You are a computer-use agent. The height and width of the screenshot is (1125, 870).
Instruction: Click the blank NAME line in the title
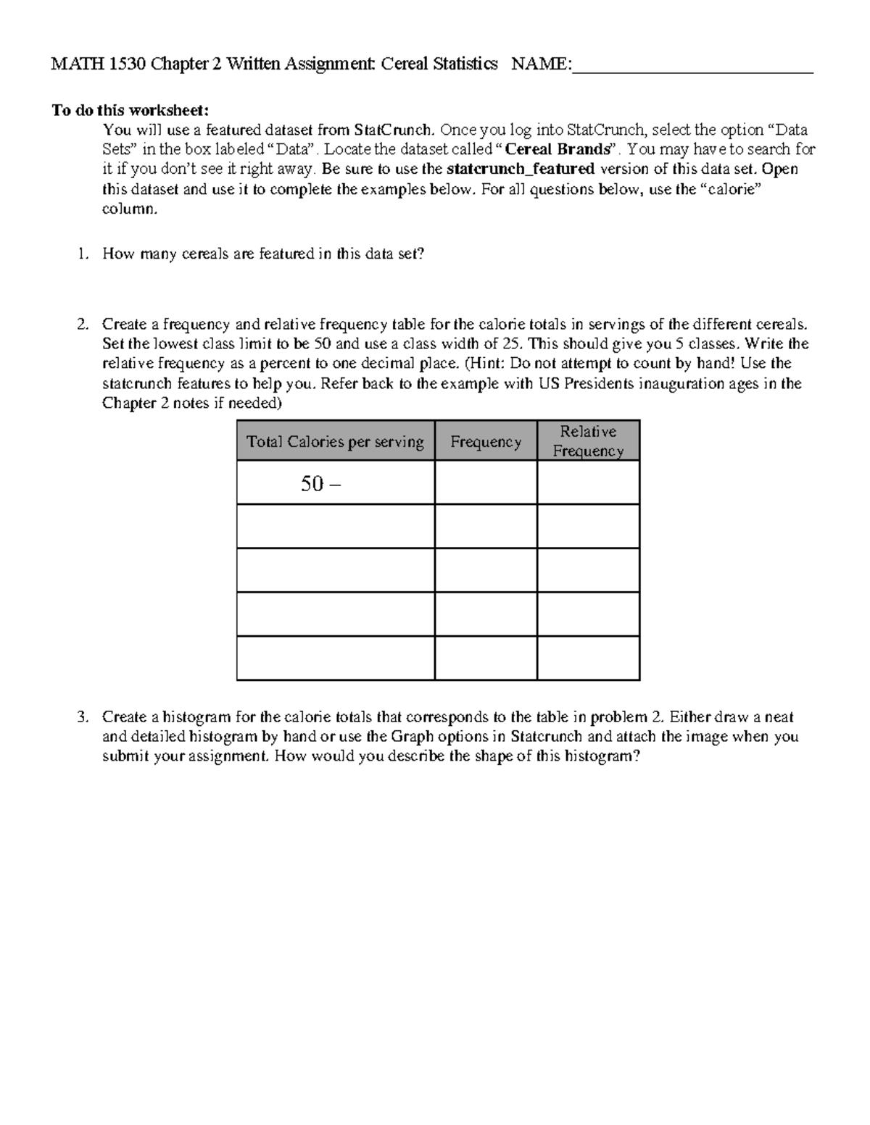(x=692, y=65)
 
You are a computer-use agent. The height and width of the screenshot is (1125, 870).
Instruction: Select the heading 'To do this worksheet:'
(x=130, y=110)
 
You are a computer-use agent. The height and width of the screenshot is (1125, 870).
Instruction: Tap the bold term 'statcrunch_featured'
(x=521, y=170)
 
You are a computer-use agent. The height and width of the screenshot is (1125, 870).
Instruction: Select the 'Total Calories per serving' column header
(x=335, y=442)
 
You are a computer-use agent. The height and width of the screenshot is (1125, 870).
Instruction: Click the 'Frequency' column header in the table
(x=486, y=442)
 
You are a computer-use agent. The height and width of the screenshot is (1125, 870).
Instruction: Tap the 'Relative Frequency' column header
(x=588, y=441)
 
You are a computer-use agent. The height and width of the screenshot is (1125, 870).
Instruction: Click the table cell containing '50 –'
(x=335, y=483)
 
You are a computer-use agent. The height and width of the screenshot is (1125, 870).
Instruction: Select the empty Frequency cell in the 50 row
(x=486, y=483)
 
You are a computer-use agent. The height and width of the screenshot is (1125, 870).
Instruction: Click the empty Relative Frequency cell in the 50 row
(x=588, y=483)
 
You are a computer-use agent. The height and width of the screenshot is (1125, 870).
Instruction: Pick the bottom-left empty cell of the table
(x=335, y=658)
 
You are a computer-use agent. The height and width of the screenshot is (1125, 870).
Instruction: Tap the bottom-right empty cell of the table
(x=588, y=658)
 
